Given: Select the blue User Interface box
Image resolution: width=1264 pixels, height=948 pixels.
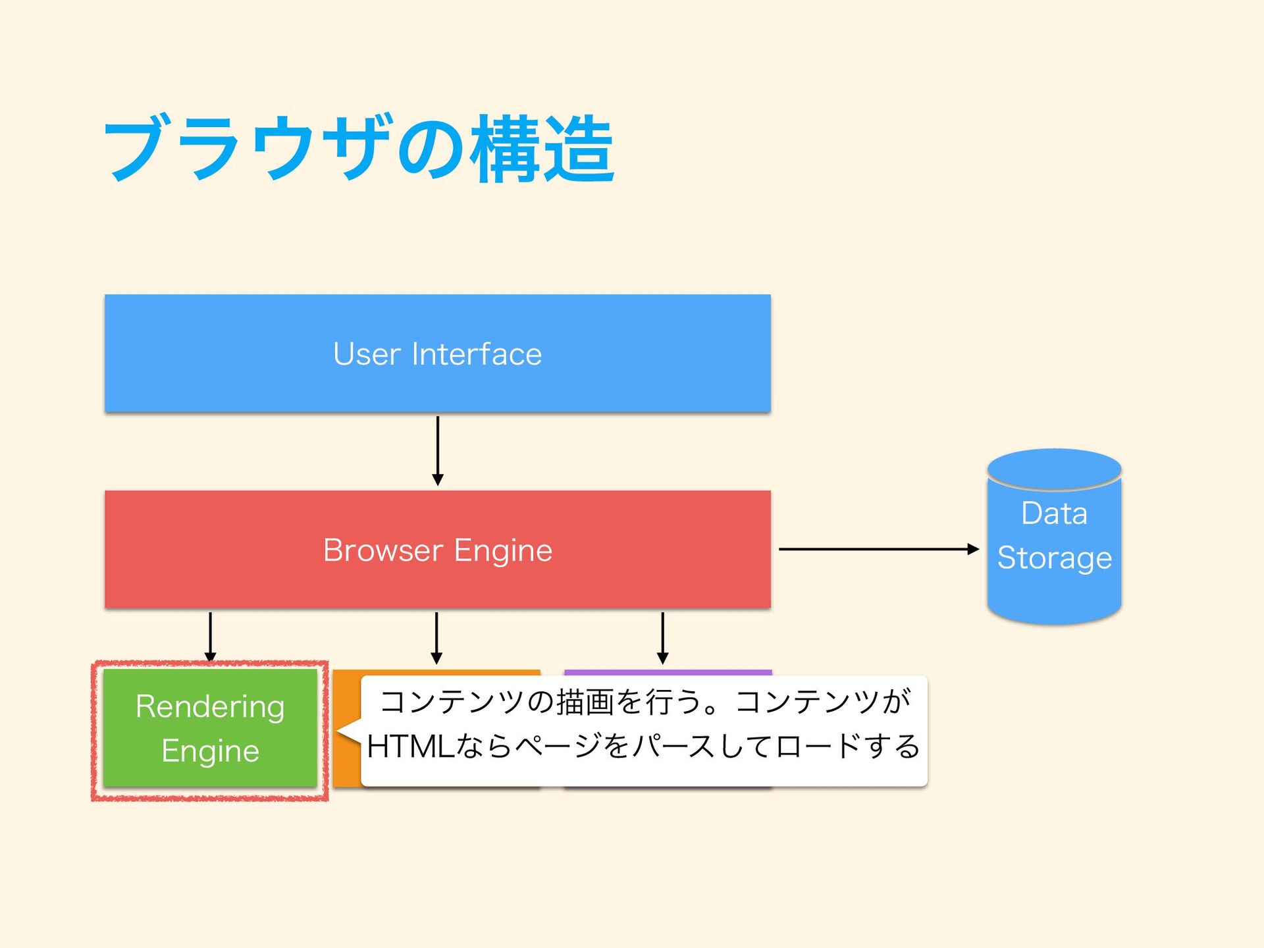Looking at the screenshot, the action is point(438,354).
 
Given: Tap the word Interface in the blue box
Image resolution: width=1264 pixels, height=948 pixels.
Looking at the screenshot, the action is point(477,354).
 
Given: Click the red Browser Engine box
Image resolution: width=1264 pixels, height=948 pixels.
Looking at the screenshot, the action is point(438,549).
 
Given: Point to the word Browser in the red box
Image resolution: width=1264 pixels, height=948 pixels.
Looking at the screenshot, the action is point(383,550).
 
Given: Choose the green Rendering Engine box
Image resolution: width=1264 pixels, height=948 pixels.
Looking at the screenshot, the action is point(210,728).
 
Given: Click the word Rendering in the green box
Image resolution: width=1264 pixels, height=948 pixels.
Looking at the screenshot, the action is point(210,707).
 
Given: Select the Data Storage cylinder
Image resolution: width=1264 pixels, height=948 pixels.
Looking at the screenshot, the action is point(1054,537).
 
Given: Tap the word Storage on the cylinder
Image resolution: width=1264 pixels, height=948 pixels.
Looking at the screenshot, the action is point(1055,558).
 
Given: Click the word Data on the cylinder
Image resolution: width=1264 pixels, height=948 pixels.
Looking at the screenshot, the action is point(1054,513).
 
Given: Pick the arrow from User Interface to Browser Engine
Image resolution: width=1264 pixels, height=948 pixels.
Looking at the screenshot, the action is point(438,451).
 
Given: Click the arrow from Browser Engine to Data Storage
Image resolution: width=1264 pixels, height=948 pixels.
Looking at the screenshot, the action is point(879,548).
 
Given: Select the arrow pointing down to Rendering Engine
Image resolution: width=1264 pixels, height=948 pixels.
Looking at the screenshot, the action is point(210,637).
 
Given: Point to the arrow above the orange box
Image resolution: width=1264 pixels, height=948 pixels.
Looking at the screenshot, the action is point(436,638).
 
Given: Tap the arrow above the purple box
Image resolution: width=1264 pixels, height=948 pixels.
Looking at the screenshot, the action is point(663,638).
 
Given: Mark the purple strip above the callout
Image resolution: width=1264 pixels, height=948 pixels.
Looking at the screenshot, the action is point(668,672).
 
